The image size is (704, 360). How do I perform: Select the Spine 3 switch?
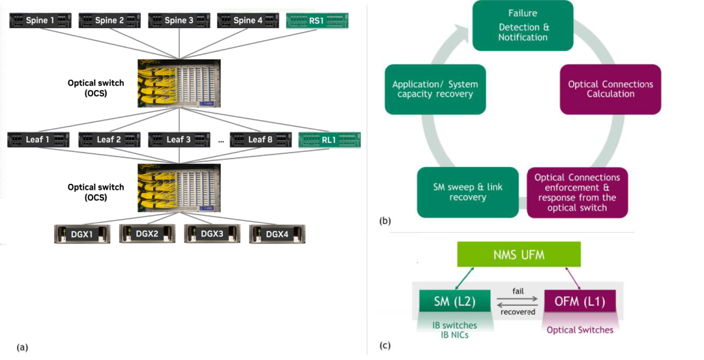click(x=179, y=21)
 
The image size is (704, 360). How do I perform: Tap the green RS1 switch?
click(x=317, y=21)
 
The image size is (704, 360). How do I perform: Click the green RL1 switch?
click(x=329, y=140)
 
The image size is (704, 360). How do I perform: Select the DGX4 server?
click(x=277, y=233)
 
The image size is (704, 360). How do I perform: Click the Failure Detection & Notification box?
click(x=523, y=25)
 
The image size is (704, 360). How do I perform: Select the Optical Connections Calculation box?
click(x=610, y=89)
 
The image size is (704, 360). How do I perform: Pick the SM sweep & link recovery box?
click(x=459, y=192)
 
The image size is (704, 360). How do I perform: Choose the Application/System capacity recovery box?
click(x=435, y=89)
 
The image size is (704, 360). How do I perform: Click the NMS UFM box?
click(x=518, y=254)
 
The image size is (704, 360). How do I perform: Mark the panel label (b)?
click(x=385, y=221)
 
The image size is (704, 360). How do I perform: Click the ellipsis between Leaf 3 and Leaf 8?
click(x=222, y=140)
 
